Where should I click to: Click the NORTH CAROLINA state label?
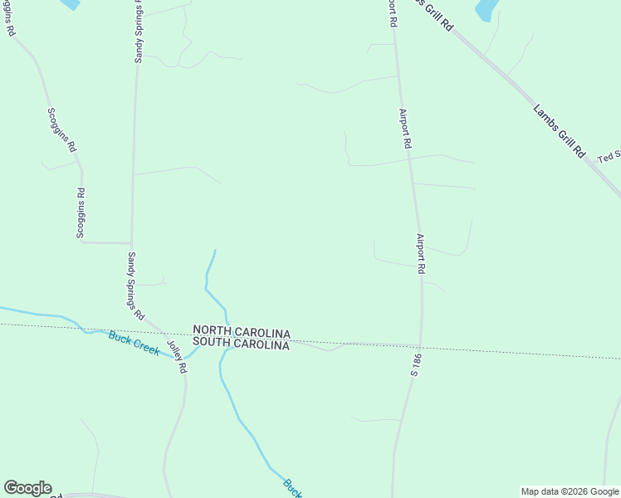(x=242, y=332)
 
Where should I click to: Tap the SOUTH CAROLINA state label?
(x=242, y=344)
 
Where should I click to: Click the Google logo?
(x=27, y=488)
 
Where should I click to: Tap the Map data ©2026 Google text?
(x=570, y=491)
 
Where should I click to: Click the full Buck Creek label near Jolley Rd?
(x=134, y=343)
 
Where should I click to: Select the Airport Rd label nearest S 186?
(x=421, y=254)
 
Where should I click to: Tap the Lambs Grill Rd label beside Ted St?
(x=560, y=132)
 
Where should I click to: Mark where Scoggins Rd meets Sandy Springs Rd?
(x=132, y=243)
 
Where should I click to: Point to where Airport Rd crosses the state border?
(x=421, y=346)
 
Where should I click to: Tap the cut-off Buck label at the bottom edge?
(x=291, y=487)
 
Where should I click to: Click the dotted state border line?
(x=515, y=353)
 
